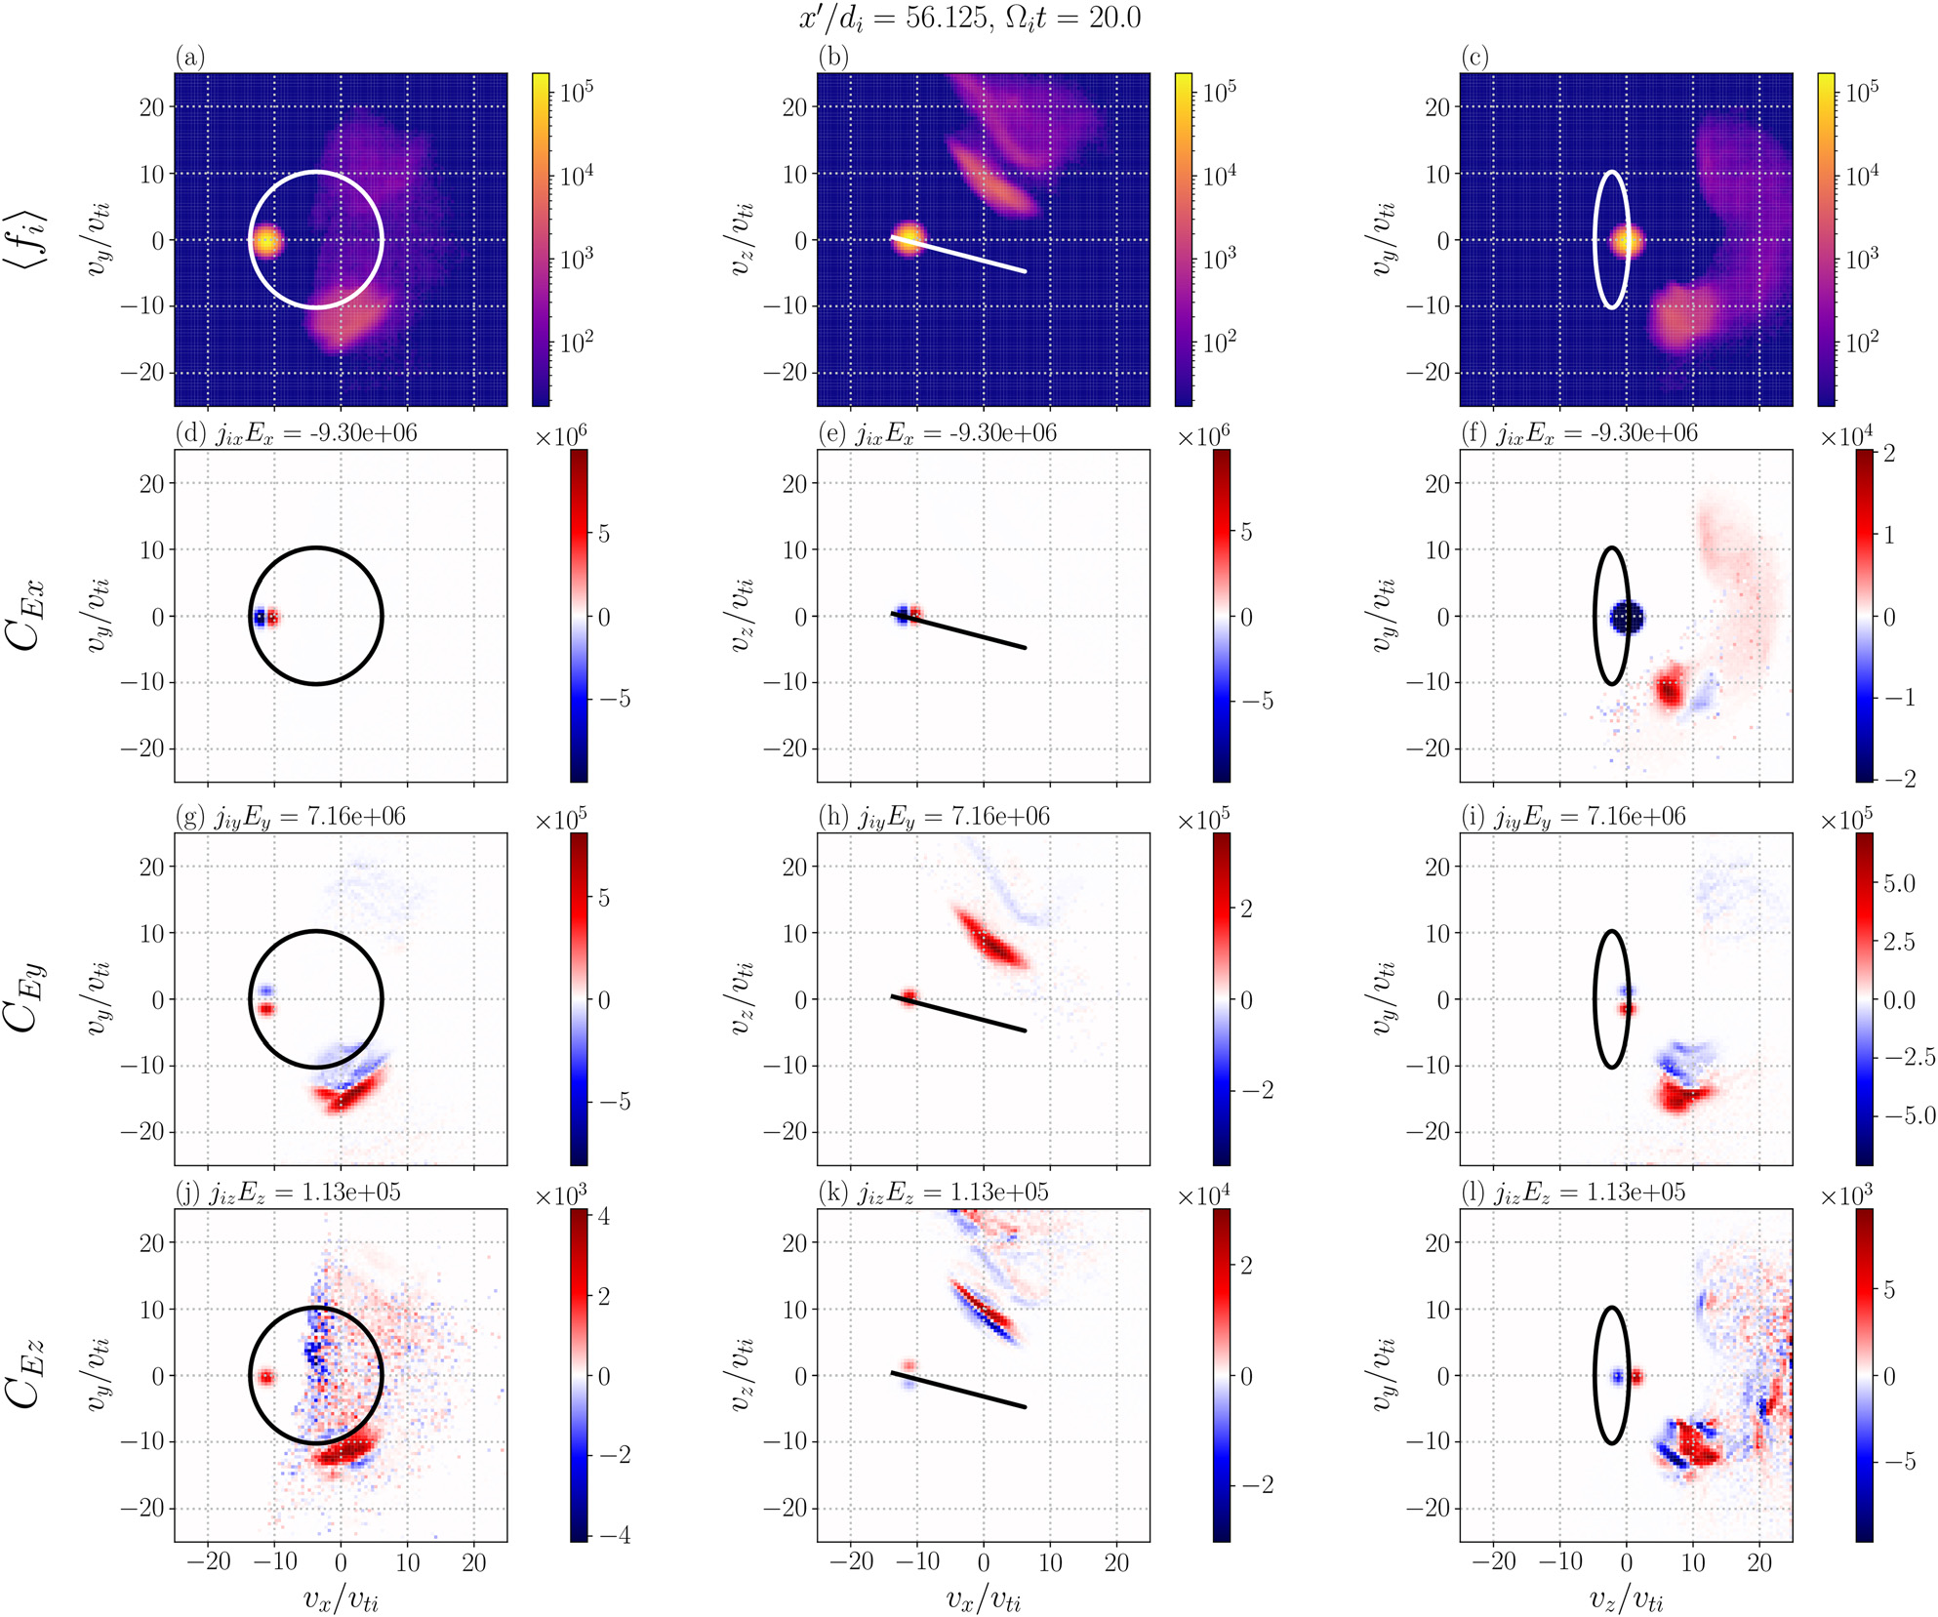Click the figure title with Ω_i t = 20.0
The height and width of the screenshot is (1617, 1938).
[970, 18]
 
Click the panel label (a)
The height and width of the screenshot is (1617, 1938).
[190, 58]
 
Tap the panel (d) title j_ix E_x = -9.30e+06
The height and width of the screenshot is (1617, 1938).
[296, 433]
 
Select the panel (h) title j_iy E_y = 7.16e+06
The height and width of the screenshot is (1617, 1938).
[934, 817]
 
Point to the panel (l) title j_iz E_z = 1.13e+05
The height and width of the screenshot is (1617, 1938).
[1576, 1193]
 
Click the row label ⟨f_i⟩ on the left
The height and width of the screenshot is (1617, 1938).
[29, 238]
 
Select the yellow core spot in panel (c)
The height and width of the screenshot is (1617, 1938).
[1627, 240]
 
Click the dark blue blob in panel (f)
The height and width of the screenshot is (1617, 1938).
[1627, 617]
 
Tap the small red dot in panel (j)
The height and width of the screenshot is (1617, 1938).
[265, 1377]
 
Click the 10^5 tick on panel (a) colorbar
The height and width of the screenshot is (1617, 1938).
[577, 92]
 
